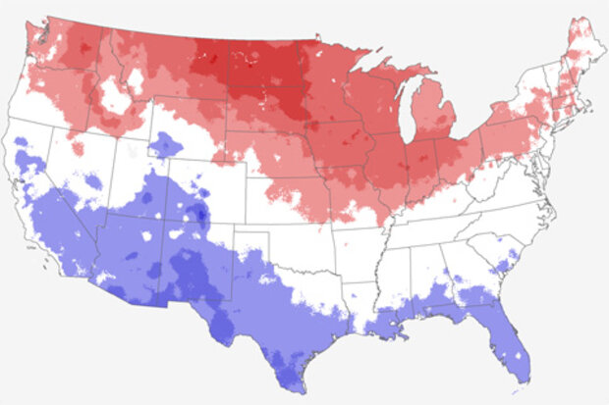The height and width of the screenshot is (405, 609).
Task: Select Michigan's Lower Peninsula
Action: tap(438, 123)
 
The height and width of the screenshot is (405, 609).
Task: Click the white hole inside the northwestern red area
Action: tap(115, 95)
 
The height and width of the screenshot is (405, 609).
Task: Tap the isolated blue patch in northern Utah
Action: tap(165, 145)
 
